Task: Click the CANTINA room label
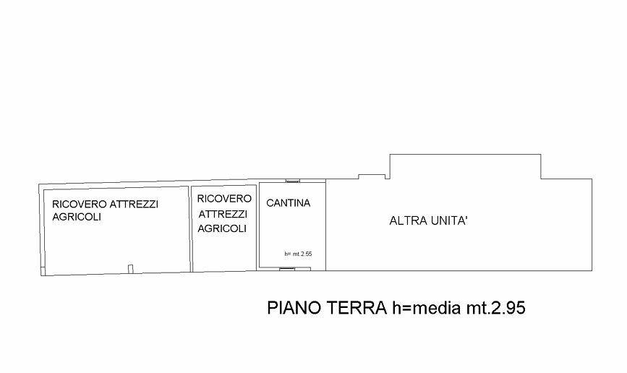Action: tap(289, 203)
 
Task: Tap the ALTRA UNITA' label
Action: tap(429, 220)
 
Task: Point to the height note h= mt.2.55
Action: tap(298, 254)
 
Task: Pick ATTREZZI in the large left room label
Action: tap(134, 205)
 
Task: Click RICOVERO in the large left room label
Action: tap(80, 205)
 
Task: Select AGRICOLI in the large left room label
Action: tap(77, 217)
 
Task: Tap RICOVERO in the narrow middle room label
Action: tap(224, 199)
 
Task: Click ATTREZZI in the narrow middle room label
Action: tap(223, 214)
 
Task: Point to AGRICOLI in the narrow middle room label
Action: tap(222, 228)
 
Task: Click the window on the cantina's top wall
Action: tap(293, 181)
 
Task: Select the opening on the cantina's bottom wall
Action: tap(286, 269)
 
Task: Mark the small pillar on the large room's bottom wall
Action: tap(130, 269)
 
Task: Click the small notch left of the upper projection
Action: tap(372, 176)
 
